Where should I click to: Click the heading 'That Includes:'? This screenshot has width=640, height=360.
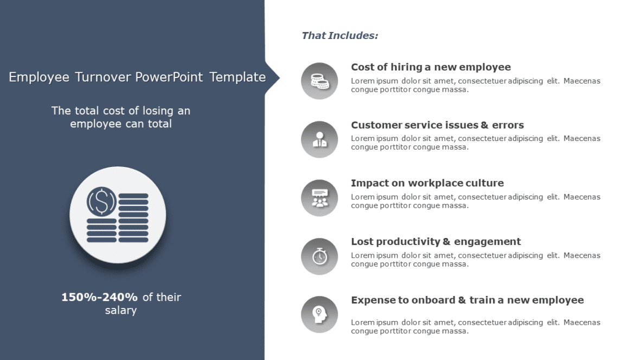(340, 36)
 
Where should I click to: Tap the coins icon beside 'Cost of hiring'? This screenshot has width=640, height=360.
(319, 81)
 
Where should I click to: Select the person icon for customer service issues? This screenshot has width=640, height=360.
(319, 139)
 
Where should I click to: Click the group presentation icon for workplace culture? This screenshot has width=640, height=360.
(319, 198)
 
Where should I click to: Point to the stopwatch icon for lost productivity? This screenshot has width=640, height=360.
(319, 256)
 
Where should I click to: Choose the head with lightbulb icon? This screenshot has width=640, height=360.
(319, 314)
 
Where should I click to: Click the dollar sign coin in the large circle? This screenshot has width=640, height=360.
(101, 201)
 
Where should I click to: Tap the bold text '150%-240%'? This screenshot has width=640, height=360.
(99, 297)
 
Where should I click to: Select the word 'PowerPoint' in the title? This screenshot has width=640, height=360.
(169, 77)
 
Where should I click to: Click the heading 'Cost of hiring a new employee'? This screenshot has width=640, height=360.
(431, 67)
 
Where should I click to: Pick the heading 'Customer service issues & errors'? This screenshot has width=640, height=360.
(437, 125)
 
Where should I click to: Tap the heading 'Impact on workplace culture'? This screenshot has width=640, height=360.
(427, 183)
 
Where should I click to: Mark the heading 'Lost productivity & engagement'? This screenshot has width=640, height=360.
(436, 242)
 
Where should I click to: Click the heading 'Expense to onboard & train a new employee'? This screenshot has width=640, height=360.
(467, 300)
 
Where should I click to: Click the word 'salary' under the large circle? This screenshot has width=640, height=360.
(120, 311)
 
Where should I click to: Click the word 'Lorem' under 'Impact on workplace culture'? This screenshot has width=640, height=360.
(362, 197)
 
